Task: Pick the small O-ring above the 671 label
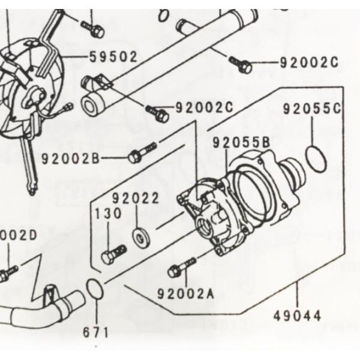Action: click(x=95, y=289)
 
